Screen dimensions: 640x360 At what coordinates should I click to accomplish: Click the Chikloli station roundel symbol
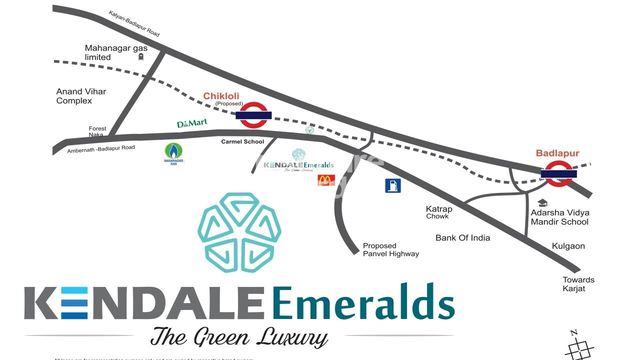coord(253,115)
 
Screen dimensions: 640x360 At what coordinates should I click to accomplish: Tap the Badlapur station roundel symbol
coord(558,173)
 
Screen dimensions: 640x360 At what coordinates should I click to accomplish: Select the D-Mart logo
coord(192,123)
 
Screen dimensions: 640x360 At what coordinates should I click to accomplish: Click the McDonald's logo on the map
coord(326,180)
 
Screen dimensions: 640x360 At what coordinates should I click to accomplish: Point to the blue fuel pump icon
coord(392,185)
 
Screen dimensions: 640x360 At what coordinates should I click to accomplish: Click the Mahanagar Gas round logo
coord(174,152)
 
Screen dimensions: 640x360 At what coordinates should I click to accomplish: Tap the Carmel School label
coord(242,141)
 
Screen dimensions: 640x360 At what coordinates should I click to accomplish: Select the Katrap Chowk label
coord(438,212)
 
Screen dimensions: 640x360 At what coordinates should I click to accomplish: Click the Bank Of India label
coord(462,238)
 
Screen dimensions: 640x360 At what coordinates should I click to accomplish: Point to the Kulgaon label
coord(568,246)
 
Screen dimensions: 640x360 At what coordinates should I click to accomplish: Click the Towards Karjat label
coord(578,284)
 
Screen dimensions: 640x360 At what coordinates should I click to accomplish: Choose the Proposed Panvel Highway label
coord(390,249)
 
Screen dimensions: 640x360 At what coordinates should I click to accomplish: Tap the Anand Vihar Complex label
coord(81,96)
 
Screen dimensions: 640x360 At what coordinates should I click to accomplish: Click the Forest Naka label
coord(97,131)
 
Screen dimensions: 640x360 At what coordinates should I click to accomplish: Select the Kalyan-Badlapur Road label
coord(134,23)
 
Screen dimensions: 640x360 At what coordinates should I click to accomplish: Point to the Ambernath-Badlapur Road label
coord(101,149)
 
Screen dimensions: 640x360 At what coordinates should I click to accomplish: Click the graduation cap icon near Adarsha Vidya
coord(542,203)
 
